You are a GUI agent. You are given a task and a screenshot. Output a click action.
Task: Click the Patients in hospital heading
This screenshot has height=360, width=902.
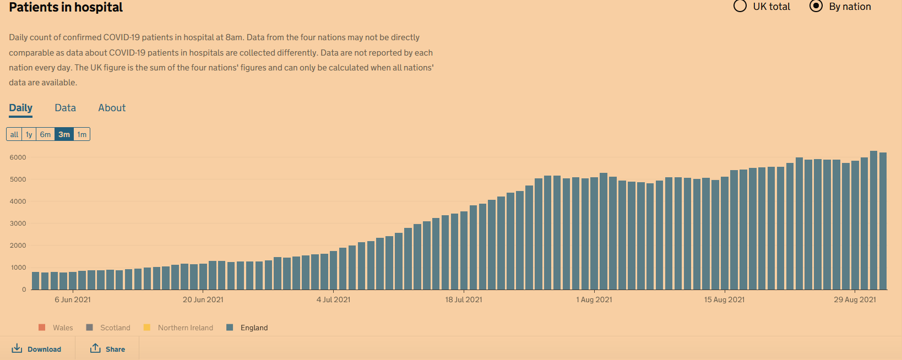click(66, 8)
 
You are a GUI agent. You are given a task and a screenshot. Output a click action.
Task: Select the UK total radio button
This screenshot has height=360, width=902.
click(741, 7)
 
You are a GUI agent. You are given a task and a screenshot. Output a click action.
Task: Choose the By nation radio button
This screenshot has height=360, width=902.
click(816, 7)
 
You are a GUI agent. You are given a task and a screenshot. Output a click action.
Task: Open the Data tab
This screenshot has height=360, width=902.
click(65, 108)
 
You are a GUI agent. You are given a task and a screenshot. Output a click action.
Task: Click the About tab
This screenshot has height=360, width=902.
click(112, 108)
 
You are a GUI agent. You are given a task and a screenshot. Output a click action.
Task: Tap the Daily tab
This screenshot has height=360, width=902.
click(20, 108)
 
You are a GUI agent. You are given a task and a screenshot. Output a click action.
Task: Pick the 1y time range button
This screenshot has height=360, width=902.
click(29, 134)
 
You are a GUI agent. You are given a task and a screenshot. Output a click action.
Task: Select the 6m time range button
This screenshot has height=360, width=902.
click(45, 134)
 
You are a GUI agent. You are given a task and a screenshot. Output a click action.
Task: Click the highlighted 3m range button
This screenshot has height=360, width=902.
click(64, 134)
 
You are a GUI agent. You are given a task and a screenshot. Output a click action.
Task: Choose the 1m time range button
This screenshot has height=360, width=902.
click(81, 134)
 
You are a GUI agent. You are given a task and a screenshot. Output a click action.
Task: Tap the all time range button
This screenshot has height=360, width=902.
click(14, 134)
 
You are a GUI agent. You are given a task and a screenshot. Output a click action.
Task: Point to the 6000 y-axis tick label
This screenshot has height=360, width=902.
click(18, 157)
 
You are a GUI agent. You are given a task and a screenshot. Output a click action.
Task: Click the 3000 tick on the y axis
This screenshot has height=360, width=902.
click(18, 223)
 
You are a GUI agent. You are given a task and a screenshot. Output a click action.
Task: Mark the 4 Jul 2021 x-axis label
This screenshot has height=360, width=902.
click(333, 299)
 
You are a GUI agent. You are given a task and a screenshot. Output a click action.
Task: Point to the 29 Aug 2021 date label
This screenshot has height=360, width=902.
click(855, 299)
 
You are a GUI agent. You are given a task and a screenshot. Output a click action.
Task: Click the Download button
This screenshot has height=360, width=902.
click(37, 349)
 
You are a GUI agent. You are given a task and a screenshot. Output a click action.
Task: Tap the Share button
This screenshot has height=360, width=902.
click(108, 349)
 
